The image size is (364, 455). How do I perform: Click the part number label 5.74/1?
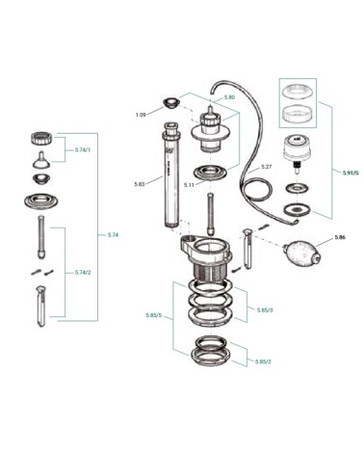[x=83, y=151]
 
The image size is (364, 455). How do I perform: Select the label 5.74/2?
[x=83, y=273]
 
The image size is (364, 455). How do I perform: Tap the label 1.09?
[x=141, y=115]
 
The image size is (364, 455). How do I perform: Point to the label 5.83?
[x=141, y=183]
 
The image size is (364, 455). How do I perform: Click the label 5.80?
[x=228, y=97]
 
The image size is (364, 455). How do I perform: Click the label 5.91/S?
[x=350, y=172]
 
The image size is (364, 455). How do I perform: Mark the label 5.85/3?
[x=266, y=309]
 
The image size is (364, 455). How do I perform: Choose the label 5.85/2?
[x=264, y=361]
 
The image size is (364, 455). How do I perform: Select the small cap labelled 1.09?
[x=171, y=103]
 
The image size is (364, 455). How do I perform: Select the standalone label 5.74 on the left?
[x=114, y=234]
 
